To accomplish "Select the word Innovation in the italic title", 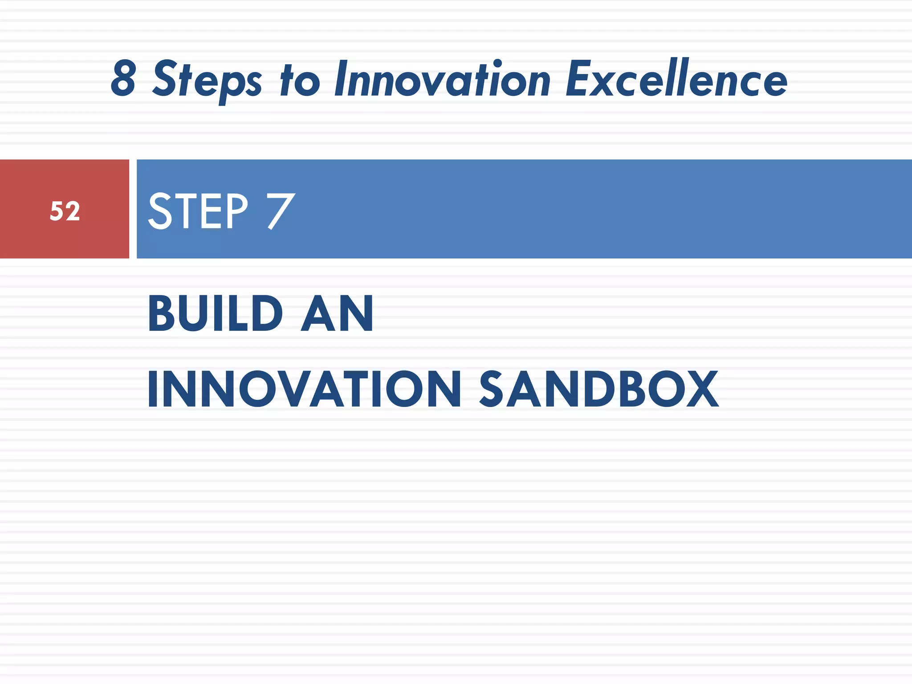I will tap(443, 80).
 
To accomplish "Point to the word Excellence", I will tap(676, 79).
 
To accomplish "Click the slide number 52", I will tap(65, 211).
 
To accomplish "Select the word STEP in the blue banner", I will tap(198, 211).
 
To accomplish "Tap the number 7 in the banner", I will tap(281, 211).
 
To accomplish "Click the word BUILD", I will tap(216, 313).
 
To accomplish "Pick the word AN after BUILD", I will tap(337, 313).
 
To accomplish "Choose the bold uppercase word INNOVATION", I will tap(304, 389).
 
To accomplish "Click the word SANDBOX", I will tap(598, 389).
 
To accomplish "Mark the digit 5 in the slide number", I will tap(57, 211).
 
